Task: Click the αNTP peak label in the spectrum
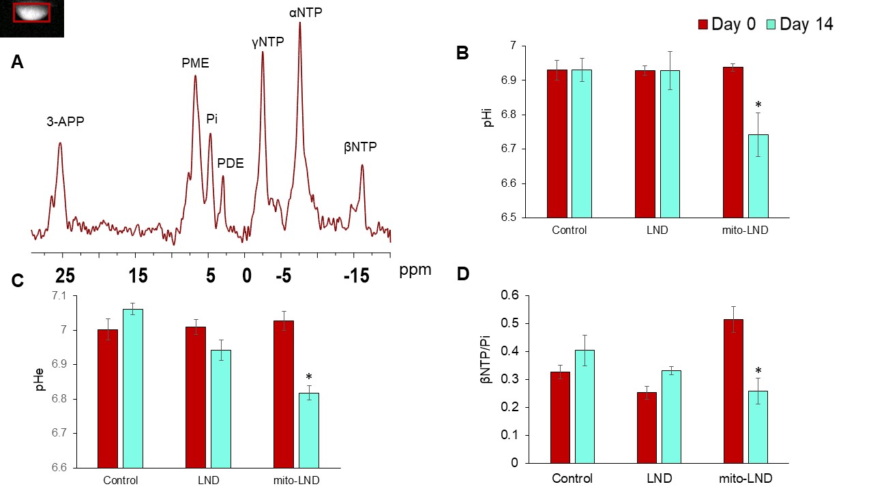point(306,13)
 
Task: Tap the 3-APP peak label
point(65,121)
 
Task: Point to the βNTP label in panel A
point(360,147)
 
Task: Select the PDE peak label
point(231,163)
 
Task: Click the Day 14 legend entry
point(800,24)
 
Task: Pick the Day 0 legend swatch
point(702,25)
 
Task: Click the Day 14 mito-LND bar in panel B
point(758,176)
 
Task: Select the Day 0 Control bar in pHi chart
point(557,144)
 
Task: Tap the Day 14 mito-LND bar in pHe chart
point(309,430)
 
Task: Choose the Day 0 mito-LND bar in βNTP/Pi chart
point(733,391)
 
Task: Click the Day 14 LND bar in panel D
point(671,417)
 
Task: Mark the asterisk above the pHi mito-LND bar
point(758,104)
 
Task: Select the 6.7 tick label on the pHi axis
point(509,149)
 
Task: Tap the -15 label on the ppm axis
point(356,276)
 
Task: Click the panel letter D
point(463,274)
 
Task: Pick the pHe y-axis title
point(40,380)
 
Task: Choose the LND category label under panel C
point(208,480)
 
